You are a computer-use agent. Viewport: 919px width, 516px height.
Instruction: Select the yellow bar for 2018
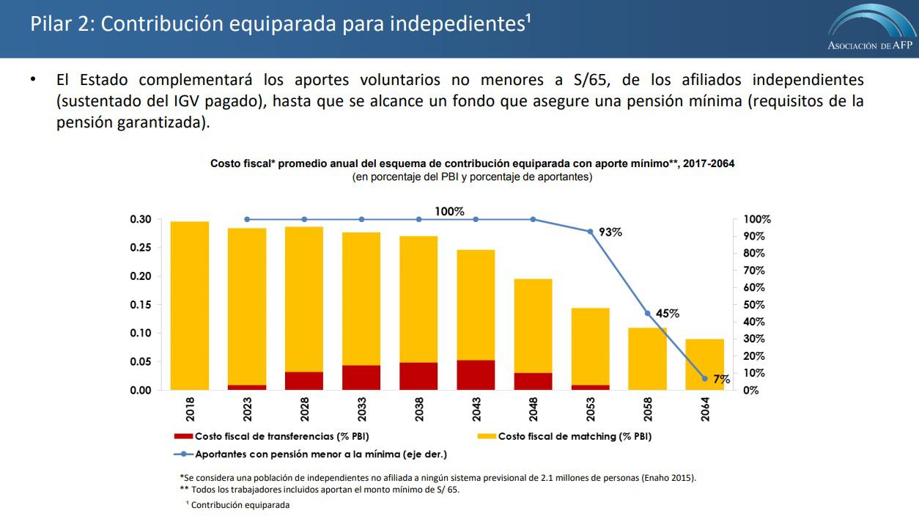[190, 305]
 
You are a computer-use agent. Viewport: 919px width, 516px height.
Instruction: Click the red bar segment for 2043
[476, 375]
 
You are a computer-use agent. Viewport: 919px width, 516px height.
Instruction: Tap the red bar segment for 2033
[361, 377]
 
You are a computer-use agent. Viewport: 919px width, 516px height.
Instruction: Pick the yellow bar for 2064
[705, 364]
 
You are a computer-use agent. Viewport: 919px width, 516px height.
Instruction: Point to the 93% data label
[610, 232]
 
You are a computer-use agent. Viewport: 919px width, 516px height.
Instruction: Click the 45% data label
[668, 313]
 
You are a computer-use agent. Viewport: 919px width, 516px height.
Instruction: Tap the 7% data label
[722, 379]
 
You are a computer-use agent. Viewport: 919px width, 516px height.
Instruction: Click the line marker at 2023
[247, 219]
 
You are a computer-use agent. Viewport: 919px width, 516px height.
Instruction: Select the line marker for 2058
[647, 313]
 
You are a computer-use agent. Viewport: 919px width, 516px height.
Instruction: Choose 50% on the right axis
[754, 305]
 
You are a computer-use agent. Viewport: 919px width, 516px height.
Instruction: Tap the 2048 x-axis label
[534, 408]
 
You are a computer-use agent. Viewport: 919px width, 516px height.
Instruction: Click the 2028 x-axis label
[305, 408]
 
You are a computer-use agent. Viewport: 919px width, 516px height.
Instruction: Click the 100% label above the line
[449, 211]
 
